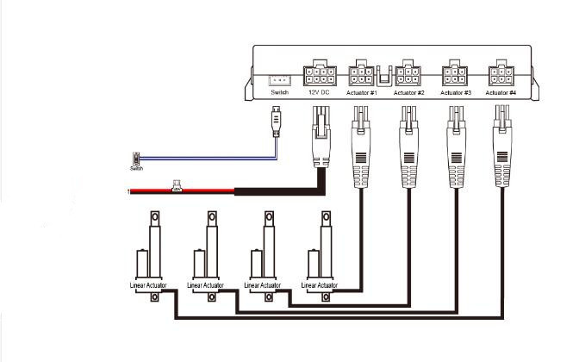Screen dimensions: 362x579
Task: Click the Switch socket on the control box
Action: [x=279, y=76]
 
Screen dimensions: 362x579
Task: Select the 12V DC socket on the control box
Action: [x=317, y=72]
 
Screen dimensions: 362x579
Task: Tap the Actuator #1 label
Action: [x=362, y=91]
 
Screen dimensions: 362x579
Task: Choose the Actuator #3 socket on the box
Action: [x=453, y=72]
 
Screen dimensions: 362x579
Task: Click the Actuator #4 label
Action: [x=501, y=91]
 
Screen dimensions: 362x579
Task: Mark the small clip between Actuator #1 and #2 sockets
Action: [x=384, y=72]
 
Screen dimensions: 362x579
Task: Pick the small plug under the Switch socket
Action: [x=277, y=120]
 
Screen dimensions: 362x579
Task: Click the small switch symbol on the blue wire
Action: [x=135, y=159]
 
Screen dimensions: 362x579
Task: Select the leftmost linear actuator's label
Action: [x=147, y=284]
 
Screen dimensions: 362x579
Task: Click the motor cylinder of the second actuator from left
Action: [x=199, y=263]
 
